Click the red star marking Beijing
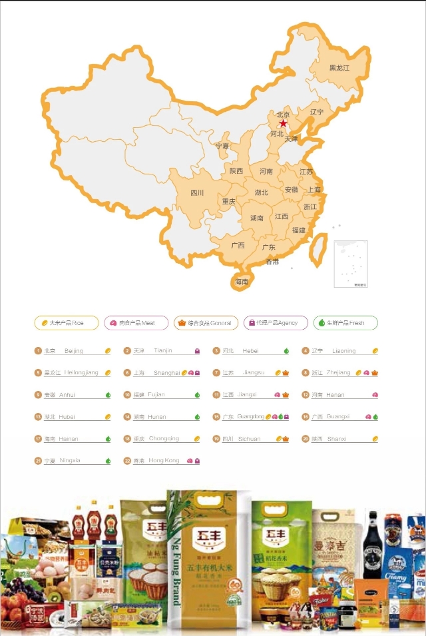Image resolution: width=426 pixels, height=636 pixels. point(284,124)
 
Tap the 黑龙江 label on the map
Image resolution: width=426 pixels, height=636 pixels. point(339,68)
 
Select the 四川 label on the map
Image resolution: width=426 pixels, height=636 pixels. point(197,193)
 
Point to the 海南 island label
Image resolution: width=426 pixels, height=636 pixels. point(241,282)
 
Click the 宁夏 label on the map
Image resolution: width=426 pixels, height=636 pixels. point(222,146)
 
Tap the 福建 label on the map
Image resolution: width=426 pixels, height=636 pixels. point(298,230)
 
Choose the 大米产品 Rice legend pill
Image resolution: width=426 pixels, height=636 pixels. point(67,323)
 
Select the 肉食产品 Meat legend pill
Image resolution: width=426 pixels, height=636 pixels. point(136,323)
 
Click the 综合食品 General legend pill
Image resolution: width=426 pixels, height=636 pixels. point(206,323)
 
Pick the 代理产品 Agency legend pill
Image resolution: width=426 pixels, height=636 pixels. point(276,323)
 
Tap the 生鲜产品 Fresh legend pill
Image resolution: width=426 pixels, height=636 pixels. point(345,323)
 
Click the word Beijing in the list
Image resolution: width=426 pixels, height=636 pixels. point(74,351)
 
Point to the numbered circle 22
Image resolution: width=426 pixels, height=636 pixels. point(127,461)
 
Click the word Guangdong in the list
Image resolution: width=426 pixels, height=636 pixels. point(251,417)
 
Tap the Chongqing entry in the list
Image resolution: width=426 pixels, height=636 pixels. point(164,439)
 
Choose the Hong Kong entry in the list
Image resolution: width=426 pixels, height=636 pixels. point(164,461)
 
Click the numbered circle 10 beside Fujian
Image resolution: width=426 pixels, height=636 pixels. point(127,395)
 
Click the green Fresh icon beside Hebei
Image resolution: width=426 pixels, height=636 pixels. point(286,351)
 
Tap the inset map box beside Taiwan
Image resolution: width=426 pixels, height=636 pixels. point(351,264)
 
